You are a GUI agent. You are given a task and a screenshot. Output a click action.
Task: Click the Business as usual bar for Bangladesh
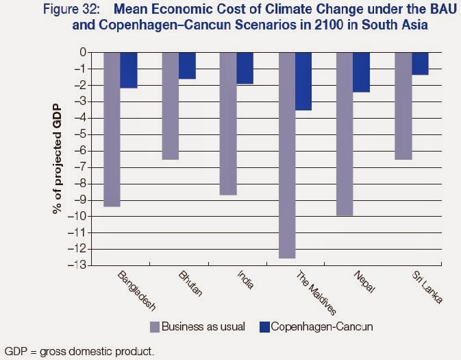click(112, 129)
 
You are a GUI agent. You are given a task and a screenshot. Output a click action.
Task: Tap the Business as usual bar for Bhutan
click(171, 106)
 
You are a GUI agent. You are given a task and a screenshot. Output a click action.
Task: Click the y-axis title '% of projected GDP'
click(59, 159)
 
